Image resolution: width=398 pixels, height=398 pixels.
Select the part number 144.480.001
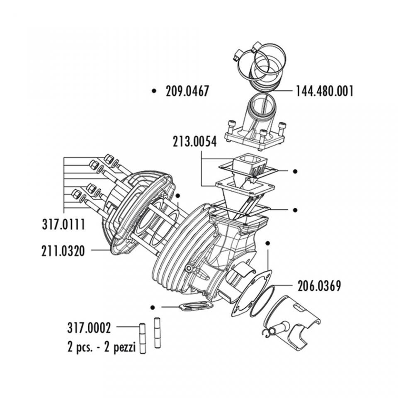(325, 91)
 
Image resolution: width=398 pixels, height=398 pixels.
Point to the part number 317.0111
(63, 225)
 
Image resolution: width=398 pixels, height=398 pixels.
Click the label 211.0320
(63, 250)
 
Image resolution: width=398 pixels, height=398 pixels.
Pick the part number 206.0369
(319, 286)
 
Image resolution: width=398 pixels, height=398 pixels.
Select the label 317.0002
(89, 328)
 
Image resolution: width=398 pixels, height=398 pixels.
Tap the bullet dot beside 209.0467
(154, 90)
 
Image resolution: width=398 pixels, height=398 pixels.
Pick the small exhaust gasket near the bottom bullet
(194, 307)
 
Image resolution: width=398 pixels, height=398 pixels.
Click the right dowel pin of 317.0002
(157, 332)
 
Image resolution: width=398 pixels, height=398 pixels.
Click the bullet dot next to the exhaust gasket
(153, 307)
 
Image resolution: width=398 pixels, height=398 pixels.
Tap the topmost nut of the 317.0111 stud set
(109, 159)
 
